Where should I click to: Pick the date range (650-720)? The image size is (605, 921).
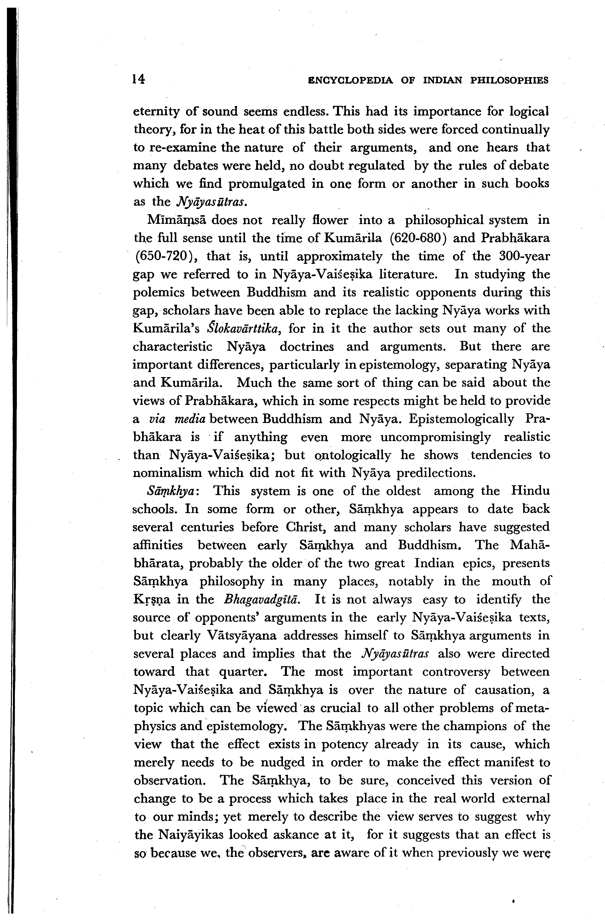click(x=166, y=256)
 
